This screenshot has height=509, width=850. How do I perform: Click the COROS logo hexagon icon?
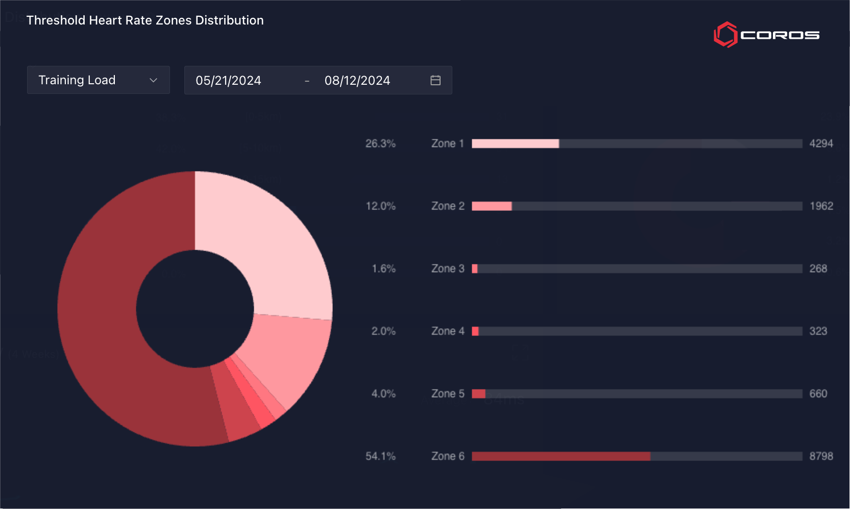(725, 35)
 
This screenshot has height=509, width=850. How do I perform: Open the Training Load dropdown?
(98, 80)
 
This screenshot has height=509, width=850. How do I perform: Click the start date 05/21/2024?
(228, 81)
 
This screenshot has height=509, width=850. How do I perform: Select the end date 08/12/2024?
(357, 81)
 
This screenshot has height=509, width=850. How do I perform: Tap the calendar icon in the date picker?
(435, 80)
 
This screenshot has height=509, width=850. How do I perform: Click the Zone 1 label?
(448, 143)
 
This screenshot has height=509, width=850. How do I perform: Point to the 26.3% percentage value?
(380, 143)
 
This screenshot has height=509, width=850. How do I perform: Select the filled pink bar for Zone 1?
(515, 143)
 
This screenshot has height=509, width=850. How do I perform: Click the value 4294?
(821, 143)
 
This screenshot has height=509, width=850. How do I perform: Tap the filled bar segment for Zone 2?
(492, 206)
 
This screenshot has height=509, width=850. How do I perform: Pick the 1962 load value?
(821, 206)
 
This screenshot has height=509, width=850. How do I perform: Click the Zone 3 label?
(448, 269)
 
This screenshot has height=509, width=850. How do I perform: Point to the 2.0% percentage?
(383, 331)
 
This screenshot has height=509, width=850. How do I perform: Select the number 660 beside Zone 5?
(818, 394)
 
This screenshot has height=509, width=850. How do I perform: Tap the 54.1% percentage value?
(380, 456)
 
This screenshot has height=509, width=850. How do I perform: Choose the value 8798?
(821, 456)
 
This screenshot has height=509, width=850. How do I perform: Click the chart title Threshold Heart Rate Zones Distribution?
(145, 20)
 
